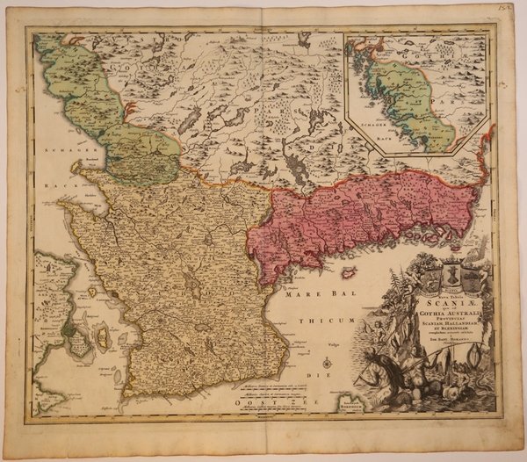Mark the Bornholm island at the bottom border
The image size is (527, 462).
(358, 405)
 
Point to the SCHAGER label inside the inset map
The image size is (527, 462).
(369, 126)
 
